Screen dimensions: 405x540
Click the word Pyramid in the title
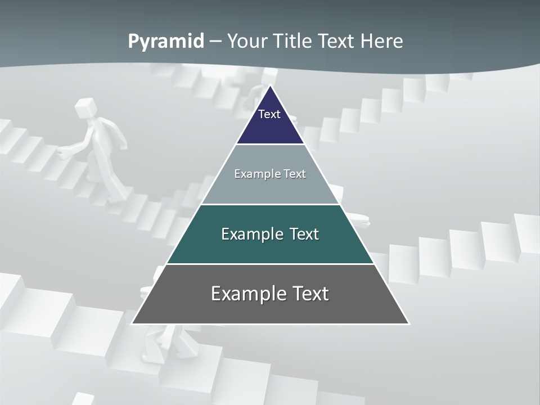tap(166, 42)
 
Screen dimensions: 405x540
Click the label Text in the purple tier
tap(269, 114)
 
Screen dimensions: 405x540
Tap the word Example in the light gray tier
tap(252, 174)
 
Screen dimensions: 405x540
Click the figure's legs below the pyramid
tap(163, 343)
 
